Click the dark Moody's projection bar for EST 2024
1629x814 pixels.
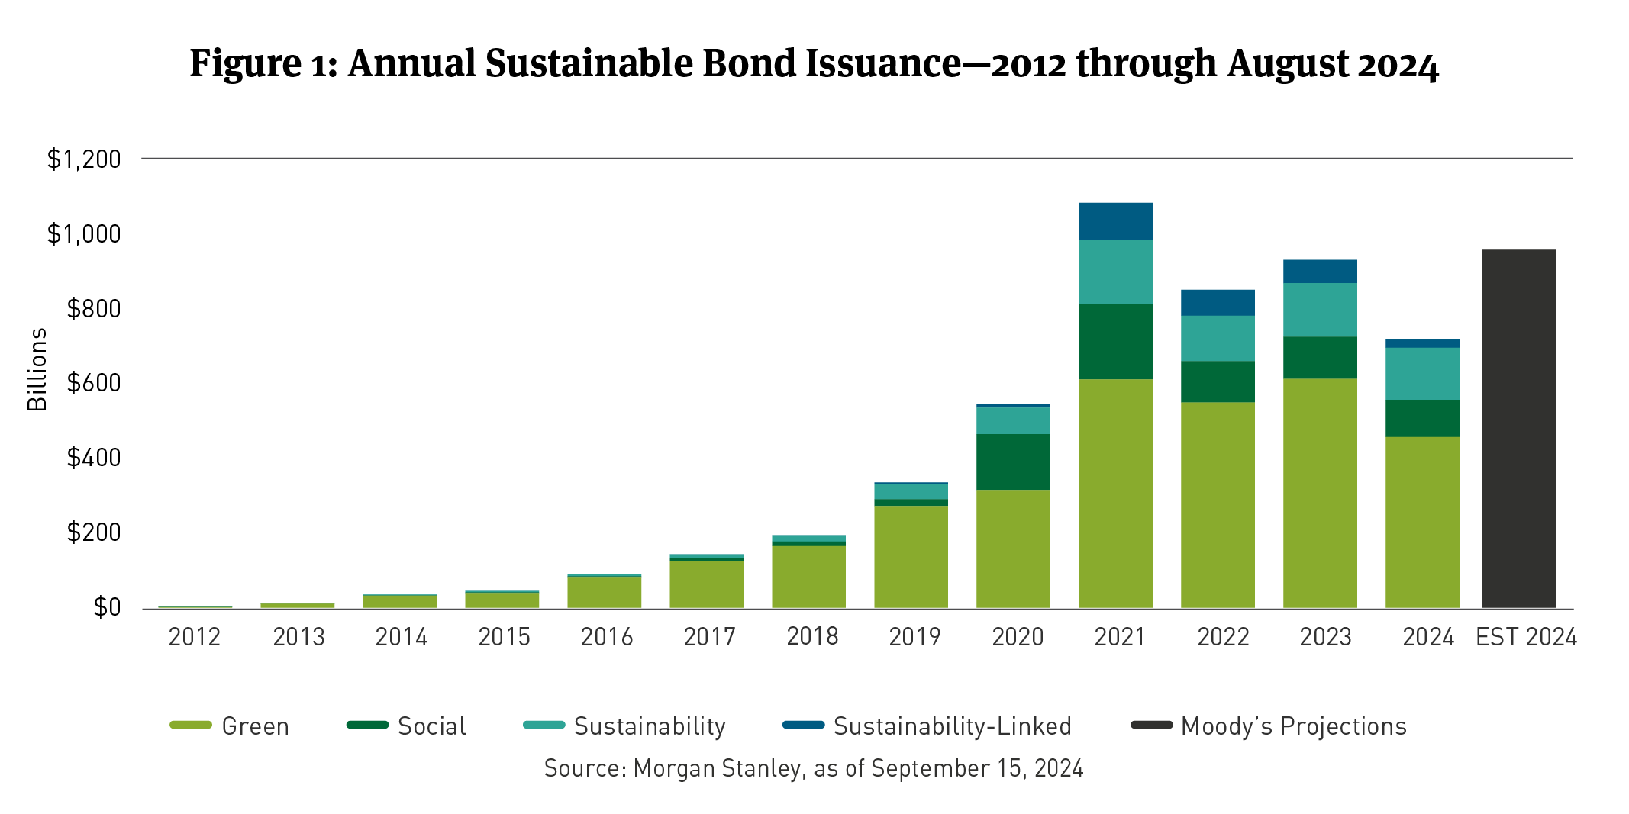(x=1518, y=429)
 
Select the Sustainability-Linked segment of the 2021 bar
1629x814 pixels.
(x=1115, y=221)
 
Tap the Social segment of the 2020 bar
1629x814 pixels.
(x=1013, y=462)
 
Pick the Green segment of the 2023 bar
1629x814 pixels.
(x=1320, y=493)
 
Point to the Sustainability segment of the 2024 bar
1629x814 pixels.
(x=1422, y=374)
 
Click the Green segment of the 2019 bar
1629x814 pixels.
(x=911, y=557)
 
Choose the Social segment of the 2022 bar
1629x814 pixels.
(x=1218, y=381)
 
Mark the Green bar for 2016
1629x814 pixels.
(x=604, y=592)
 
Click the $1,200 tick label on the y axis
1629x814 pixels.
(x=84, y=159)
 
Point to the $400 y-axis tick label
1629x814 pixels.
(x=94, y=458)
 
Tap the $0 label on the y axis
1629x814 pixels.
(x=107, y=607)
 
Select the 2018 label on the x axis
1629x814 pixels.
(x=812, y=636)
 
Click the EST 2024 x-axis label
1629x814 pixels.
(x=1526, y=636)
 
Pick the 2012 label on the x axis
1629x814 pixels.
(x=195, y=636)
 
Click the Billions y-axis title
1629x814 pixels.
(x=37, y=370)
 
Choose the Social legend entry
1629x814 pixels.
(x=431, y=726)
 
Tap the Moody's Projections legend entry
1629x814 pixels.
(x=1293, y=726)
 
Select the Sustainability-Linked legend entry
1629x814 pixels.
(x=952, y=726)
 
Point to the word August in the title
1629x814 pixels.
(x=1288, y=63)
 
